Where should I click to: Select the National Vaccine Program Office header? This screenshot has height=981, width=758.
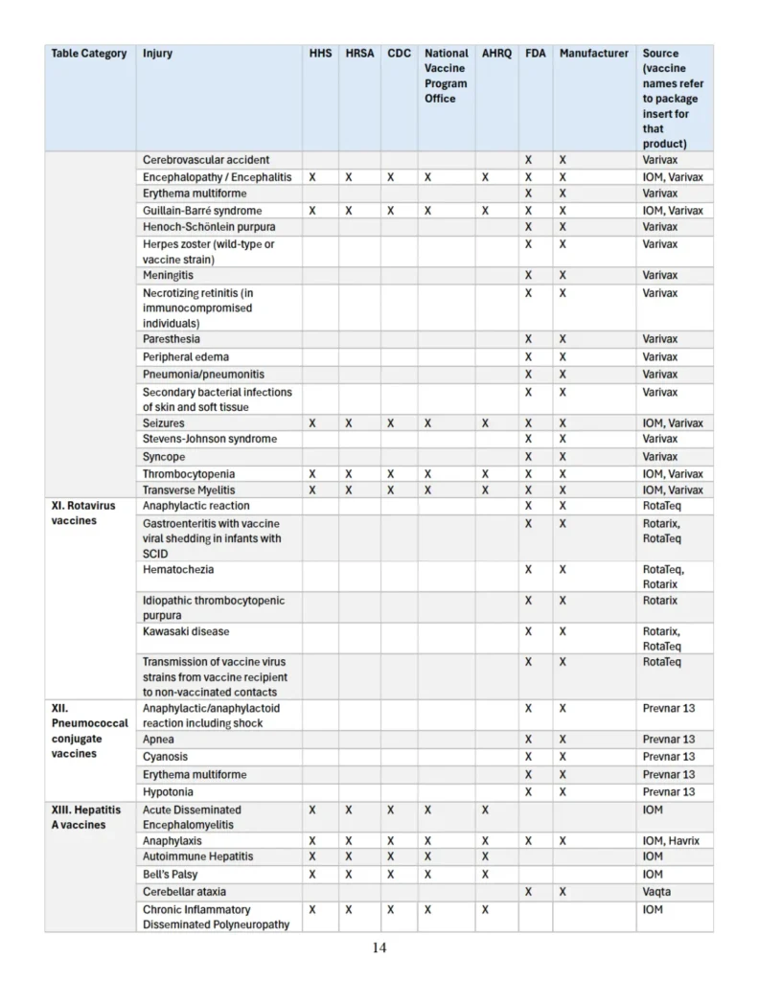pyautogui.click(x=447, y=76)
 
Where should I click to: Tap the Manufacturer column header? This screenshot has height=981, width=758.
pyautogui.click(x=593, y=54)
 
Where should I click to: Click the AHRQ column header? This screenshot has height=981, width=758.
pyautogui.click(x=496, y=54)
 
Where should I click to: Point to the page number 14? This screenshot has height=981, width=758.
pyautogui.click(x=379, y=948)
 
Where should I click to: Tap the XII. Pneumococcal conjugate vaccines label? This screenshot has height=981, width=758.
pyautogui.click(x=89, y=731)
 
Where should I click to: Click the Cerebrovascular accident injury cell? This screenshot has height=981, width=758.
pyautogui.click(x=206, y=159)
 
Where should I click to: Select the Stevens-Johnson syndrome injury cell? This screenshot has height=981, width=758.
pyautogui.click(x=210, y=439)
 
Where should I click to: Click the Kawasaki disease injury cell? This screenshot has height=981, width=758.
pyautogui.click(x=186, y=632)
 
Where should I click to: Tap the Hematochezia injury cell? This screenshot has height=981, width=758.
pyautogui.click(x=178, y=570)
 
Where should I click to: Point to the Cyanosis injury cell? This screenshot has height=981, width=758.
pyautogui.click(x=166, y=757)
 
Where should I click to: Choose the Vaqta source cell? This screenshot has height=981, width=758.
pyautogui.click(x=657, y=891)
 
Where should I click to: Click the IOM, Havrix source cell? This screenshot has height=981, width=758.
pyautogui.click(x=671, y=841)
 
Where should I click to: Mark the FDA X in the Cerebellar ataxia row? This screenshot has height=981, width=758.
pyautogui.click(x=528, y=891)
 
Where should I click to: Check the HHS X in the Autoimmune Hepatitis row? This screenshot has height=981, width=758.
pyautogui.click(x=312, y=856)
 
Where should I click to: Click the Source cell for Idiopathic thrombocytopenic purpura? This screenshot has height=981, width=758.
pyautogui.click(x=659, y=601)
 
